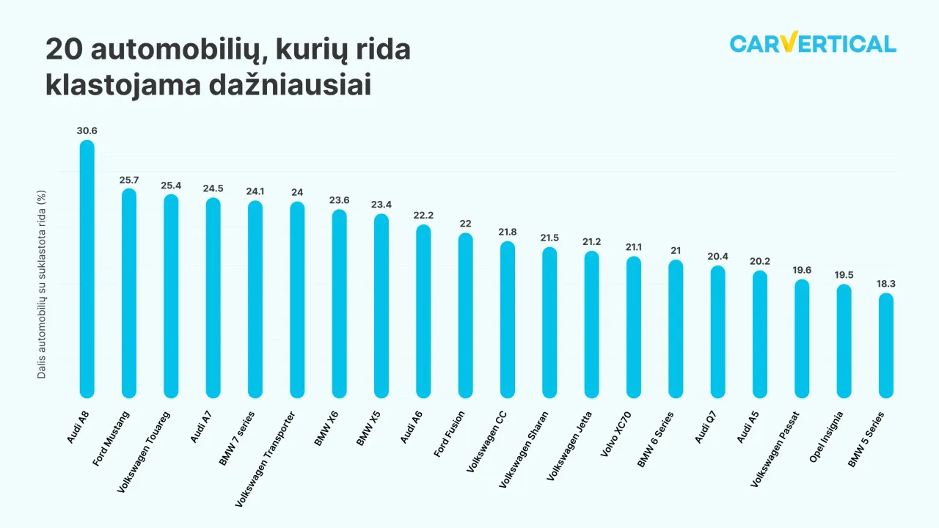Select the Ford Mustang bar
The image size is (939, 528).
129,293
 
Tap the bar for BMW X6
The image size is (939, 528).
339,304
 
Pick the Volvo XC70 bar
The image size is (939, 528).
634,327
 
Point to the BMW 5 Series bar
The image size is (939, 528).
886,345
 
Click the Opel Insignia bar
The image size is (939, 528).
844,341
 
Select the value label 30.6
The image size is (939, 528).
87,131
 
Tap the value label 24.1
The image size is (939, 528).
255,191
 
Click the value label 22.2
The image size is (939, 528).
423,215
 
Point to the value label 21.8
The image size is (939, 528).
508,232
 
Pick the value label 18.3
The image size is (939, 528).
886,284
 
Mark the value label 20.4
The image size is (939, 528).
717,256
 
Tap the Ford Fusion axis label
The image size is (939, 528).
450,435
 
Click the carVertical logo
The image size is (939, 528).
813,44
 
